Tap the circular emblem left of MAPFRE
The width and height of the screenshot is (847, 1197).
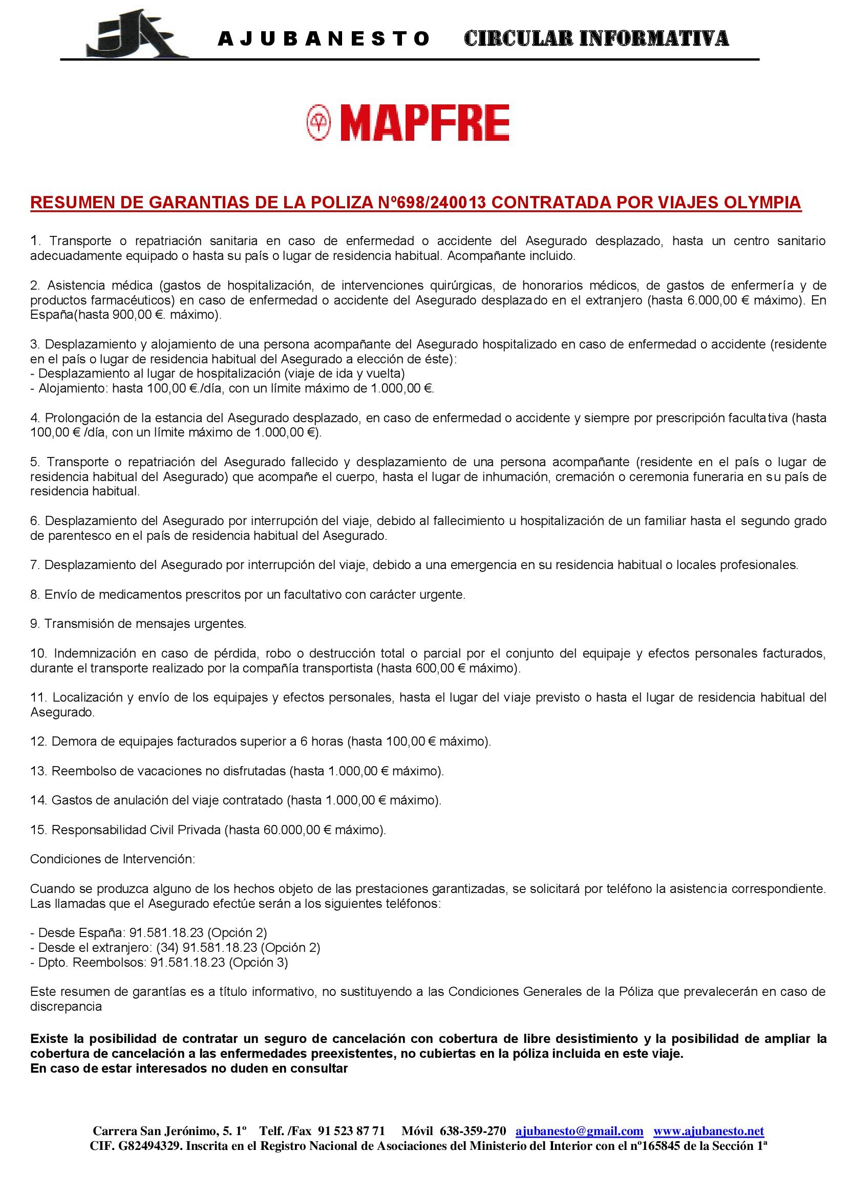coord(319,122)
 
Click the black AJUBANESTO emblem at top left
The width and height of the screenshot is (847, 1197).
coord(137,36)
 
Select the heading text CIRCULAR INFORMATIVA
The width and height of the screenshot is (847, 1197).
coord(596,38)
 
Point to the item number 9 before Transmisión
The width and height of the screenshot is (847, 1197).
coord(34,623)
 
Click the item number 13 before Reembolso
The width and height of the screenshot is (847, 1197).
coord(38,771)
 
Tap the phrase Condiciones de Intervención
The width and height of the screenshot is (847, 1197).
coord(113,859)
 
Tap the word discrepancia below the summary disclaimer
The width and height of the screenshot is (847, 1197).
coord(66,1006)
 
